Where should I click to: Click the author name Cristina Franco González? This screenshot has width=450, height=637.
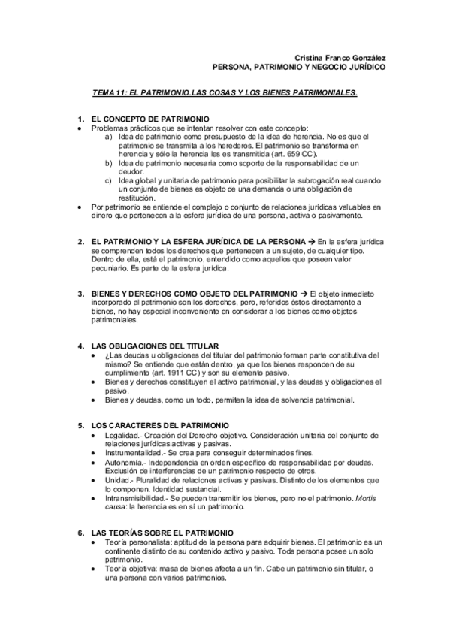pos(340,58)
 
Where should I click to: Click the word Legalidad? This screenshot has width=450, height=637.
pos(122,435)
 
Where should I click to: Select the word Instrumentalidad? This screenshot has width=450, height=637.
pos(134,452)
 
